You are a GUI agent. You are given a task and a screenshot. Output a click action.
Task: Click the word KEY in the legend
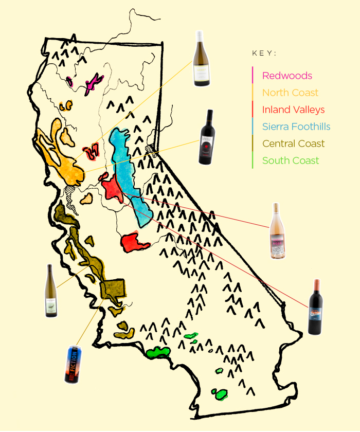point(264,53)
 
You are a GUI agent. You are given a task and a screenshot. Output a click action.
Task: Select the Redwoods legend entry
point(287,76)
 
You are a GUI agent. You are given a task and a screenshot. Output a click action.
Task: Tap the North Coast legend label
point(290,93)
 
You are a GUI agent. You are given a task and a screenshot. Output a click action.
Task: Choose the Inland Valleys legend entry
point(293,110)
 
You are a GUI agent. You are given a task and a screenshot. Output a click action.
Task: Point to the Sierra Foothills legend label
point(296,127)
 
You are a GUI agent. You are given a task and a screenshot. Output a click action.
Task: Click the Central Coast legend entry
point(293,143)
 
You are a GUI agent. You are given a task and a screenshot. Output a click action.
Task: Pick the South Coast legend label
point(291,160)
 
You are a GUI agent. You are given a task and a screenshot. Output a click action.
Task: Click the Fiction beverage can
point(72,364)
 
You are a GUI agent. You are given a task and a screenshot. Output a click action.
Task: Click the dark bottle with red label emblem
point(207,137)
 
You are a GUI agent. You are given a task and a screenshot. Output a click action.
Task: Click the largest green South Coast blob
point(158,353)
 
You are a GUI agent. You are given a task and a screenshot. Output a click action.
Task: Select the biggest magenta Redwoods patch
point(93,82)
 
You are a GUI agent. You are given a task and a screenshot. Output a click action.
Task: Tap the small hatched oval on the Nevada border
point(151,149)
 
